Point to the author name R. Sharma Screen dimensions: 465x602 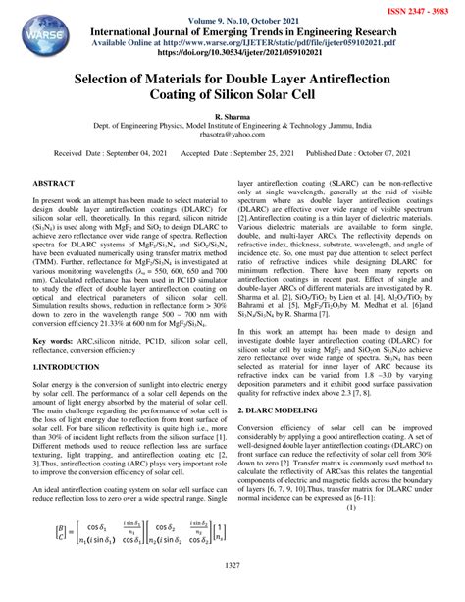232,117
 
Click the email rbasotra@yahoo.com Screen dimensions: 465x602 232,137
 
